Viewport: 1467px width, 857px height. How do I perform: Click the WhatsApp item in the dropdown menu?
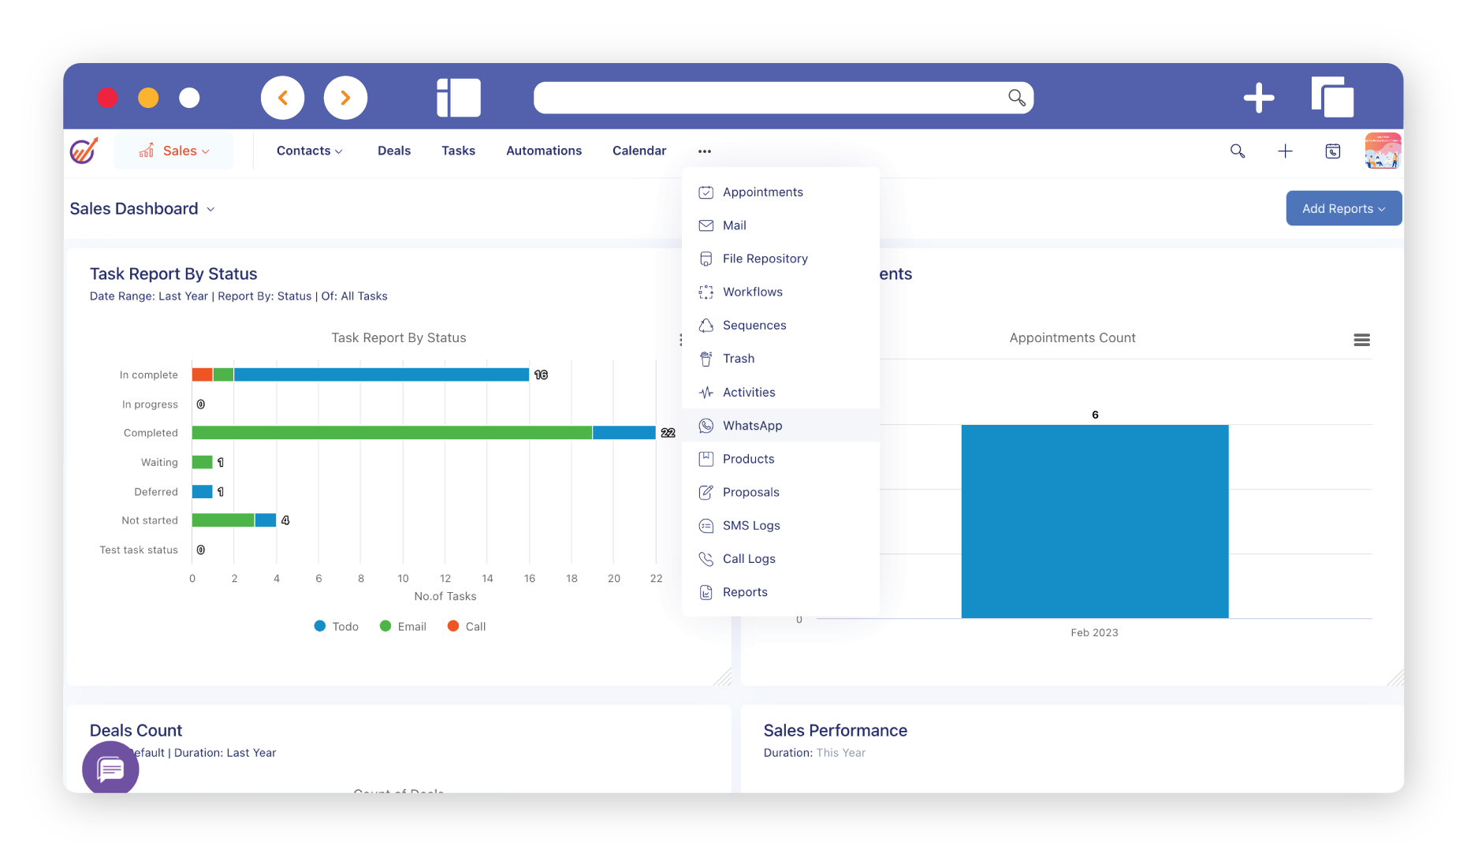[x=752, y=426]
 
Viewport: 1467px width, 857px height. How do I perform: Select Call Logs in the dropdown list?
[x=748, y=559]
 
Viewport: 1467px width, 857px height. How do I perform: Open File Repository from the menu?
[x=765, y=259]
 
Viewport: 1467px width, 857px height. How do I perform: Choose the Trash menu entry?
[x=738, y=359]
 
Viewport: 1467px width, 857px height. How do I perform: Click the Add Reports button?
[x=1343, y=209]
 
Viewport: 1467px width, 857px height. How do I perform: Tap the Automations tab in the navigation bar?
[x=544, y=151]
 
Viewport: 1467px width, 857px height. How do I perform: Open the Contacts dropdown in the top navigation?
[x=309, y=151]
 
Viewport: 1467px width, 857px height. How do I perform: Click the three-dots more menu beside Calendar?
[x=705, y=151]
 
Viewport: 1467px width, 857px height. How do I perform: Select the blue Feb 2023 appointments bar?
[x=1094, y=521]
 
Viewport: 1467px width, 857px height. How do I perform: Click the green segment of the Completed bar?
[x=392, y=433]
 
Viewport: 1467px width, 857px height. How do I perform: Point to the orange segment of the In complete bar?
[x=202, y=374]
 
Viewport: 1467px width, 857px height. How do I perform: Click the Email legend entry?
[x=404, y=627]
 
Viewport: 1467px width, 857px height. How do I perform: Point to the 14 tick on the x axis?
[x=487, y=579]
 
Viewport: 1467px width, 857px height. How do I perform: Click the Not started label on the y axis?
[x=150, y=520]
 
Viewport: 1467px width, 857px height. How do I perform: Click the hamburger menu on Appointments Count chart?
[x=1361, y=340]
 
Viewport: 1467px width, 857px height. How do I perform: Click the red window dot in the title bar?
[x=107, y=98]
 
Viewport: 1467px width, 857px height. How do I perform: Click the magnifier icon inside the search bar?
[x=1016, y=98]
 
